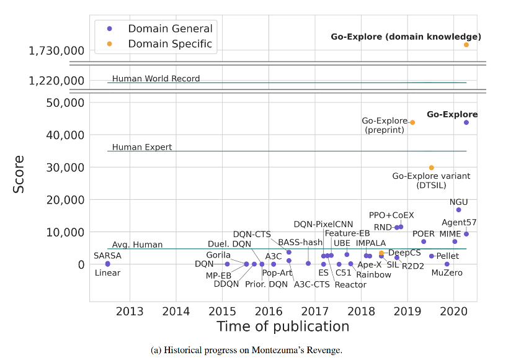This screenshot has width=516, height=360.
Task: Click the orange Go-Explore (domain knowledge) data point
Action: (x=466, y=45)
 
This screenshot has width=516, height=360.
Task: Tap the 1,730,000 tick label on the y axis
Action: (x=56, y=51)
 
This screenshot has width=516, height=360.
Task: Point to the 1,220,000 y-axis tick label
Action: (x=56, y=81)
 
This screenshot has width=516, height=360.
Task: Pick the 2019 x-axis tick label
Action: (x=407, y=311)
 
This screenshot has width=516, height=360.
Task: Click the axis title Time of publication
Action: (x=282, y=326)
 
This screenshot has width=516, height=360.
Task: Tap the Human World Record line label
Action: (x=156, y=79)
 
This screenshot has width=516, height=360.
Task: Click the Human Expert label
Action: (x=142, y=148)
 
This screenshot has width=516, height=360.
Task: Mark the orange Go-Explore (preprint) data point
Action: (x=412, y=122)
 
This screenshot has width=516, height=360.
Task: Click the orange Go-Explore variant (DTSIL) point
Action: (x=431, y=168)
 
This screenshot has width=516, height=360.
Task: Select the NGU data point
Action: (x=458, y=210)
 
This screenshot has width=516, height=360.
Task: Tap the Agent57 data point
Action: (x=466, y=234)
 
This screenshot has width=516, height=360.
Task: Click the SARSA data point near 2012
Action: (x=107, y=263)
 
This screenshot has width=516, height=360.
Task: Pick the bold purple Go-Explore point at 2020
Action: (x=466, y=122)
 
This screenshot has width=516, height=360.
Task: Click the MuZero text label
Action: (x=447, y=273)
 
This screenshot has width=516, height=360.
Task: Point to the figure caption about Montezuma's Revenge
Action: (x=246, y=351)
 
